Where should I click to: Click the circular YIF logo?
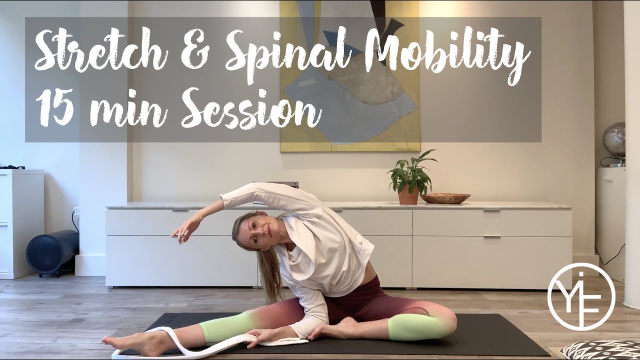click(581, 296)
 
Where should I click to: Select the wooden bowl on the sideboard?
click(445, 198)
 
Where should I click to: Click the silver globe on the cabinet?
click(614, 140)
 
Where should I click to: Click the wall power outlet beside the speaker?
click(76, 211)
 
